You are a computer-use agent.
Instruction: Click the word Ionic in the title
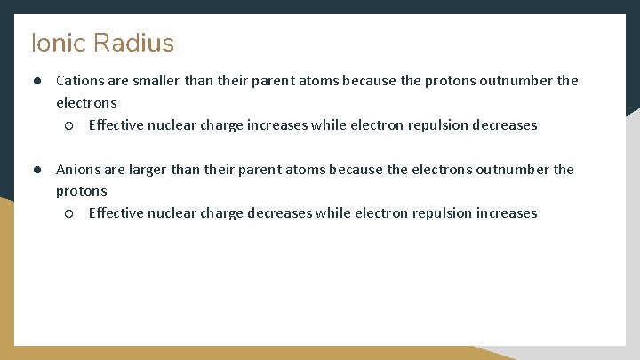(57, 43)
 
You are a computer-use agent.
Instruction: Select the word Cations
(80, 81)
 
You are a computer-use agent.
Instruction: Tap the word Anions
(78, 169)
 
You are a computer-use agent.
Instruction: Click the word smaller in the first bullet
(157, 81)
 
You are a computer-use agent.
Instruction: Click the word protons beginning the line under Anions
(81, 191)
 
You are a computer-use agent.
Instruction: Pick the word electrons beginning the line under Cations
(86, 103)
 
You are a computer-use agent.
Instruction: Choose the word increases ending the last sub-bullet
(508, 213)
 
